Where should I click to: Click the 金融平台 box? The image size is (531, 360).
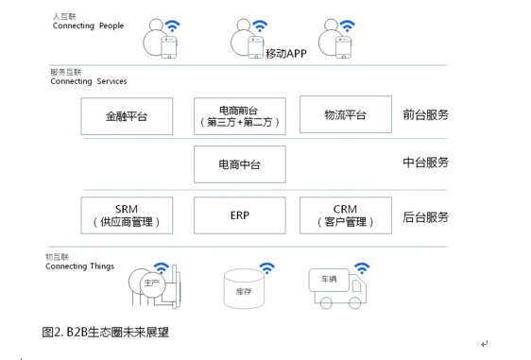pyautogui.click(x=127, y=116)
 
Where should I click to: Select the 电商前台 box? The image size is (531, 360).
pyautogui.click(x=239, y=115)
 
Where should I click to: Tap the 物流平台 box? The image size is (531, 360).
pyautogui.click(x=345, y=115)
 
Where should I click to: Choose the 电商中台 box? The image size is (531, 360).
pyautogui.click(x=239, y=164)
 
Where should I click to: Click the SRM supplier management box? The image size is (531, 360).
pyautogui.click(x=127, y=215)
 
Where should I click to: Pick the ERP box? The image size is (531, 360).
pyautogui.click(x=239, y=215)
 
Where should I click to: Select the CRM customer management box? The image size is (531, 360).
pyautogui.click(x=345, y=215)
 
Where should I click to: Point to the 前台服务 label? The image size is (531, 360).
pyautogui.click(x=425, y=115)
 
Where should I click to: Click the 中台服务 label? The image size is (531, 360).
pyautogui.click(x=425, y=163)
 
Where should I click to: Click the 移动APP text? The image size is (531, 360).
pyautogui.click(x=287, y=53)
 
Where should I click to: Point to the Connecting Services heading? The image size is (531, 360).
pyautogui.click(x=89, y=81)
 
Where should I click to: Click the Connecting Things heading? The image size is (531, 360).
pyautogui.click(x=79, y=266)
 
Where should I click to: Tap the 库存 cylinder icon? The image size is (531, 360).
pyautogui.click(x=244, y=290)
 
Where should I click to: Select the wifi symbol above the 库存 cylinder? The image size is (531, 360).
pyautogui.click(x=267, y=267)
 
